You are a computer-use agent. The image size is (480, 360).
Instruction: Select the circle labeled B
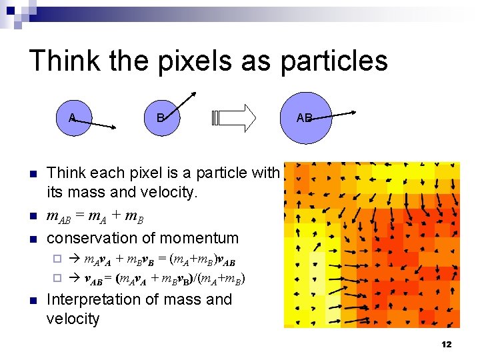pyautogui.click(x=160, y=118)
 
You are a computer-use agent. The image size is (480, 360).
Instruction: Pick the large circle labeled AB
pyautogui.click(x=305, y=118)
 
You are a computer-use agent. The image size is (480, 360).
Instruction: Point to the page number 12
pyautogui.click(x=446, y=344)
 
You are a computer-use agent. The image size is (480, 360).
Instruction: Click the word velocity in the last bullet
pyautogui.click(x=73, y=319)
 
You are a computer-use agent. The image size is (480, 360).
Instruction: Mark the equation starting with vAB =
pyautogui.click(x=164, y=279)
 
